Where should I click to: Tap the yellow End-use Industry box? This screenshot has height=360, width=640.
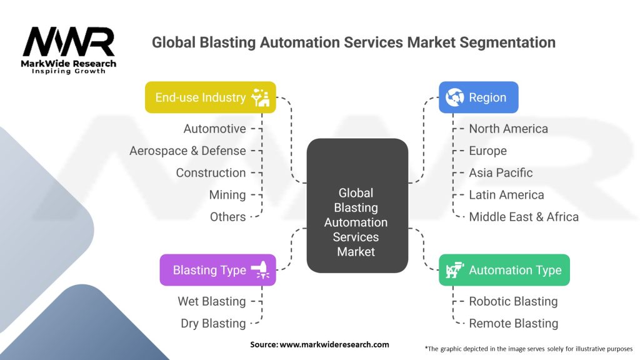[210, 97]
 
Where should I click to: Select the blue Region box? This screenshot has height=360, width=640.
[478, 97]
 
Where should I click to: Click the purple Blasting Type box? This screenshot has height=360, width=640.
[217, 270]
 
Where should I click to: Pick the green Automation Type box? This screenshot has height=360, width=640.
[504, 270]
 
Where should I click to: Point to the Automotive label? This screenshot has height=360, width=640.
[214, 129]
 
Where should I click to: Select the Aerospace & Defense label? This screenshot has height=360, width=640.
[187, 151]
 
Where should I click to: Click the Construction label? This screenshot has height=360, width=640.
[211, 172]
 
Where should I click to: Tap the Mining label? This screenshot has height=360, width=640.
[227, 195]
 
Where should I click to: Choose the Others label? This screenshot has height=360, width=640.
[227, 217]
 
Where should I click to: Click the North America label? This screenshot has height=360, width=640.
[508, 129]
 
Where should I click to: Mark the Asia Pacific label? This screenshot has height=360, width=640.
[501, 172]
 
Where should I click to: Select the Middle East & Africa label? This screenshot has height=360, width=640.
[524, 217]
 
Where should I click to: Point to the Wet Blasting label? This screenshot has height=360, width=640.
[211, 301]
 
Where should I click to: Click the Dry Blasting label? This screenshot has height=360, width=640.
[213, 323]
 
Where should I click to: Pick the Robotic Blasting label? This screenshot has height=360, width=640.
[513, 301]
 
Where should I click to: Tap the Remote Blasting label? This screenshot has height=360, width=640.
[513, 323]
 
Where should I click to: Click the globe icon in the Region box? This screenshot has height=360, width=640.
[454, 97]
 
